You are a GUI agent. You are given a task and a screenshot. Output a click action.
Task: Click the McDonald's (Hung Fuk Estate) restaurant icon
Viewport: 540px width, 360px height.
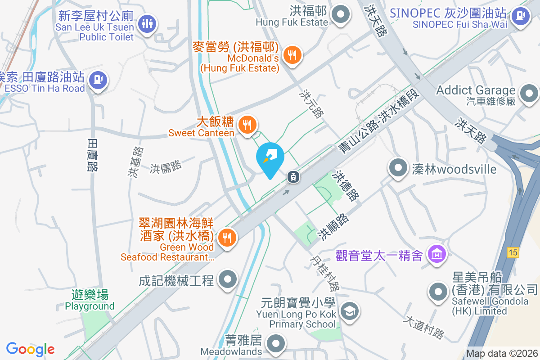pos(292,55)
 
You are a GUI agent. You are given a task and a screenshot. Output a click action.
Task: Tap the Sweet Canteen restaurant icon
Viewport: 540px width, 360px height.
pos(247,124)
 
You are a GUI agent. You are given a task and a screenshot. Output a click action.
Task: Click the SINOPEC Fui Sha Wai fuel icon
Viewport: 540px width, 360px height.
pos(521,17)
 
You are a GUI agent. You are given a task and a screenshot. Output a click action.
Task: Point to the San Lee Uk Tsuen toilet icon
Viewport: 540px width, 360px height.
pos(147,23)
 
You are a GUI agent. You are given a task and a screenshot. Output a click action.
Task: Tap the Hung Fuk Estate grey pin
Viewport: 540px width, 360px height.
pos(341,14)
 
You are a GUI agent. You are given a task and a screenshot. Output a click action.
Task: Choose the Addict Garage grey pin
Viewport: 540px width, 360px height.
pos(529,94)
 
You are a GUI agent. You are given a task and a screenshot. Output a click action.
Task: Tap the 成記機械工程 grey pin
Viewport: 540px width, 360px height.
pos(228,280)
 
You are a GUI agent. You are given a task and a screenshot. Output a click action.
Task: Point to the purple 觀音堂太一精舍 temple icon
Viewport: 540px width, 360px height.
pos(437,255)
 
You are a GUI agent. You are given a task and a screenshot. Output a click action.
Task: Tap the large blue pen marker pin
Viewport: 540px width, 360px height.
pos(270,158)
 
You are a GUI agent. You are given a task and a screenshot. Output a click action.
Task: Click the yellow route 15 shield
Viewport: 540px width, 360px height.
pos(513,252)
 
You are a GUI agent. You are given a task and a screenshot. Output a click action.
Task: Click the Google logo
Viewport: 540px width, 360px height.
pos(31,349)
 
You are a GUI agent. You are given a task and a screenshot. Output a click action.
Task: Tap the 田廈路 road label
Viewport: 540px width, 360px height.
pos(92,155)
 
